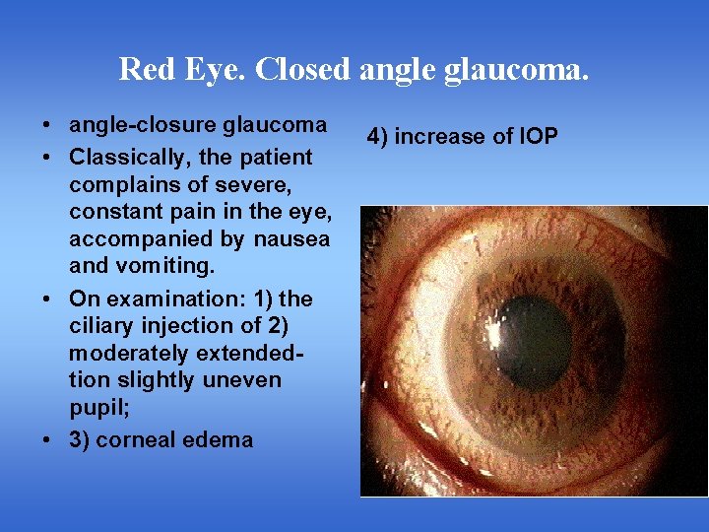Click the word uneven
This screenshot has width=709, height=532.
[236, 379]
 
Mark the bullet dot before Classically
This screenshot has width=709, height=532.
[47, 158]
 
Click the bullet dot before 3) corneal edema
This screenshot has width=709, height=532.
[47, 440]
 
